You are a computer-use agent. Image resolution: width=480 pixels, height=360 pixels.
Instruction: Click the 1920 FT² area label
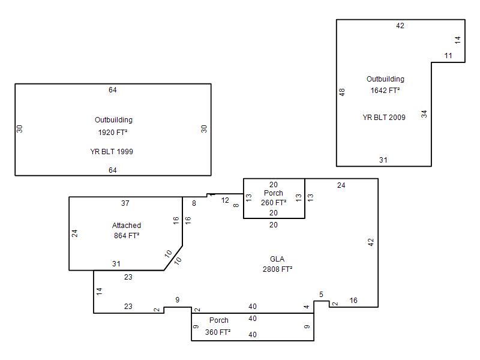click(113, 132)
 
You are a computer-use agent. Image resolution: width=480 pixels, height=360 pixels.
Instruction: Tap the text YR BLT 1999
click(112, 152)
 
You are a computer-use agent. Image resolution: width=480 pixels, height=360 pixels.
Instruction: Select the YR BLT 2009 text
click(384, 117)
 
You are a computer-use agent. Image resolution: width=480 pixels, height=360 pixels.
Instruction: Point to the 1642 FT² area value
click(385, 91)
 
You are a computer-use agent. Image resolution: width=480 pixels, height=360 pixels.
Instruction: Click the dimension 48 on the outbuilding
click(342, 92)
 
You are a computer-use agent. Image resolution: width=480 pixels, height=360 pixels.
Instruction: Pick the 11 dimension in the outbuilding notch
click(448, 56)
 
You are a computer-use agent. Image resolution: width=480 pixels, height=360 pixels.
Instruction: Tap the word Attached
click(127, 226)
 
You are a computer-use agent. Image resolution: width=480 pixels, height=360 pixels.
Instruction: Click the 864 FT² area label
click(127, 235)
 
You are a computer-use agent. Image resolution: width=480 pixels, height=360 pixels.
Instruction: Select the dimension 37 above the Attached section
click(125, 203)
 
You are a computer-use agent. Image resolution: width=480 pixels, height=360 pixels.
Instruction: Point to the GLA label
click(277, 259)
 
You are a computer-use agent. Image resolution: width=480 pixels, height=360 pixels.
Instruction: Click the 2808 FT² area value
click(277, 269)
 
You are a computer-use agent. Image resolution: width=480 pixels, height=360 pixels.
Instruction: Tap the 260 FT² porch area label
click(274, 203)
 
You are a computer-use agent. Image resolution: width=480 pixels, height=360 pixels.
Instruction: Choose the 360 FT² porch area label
click(218, 332)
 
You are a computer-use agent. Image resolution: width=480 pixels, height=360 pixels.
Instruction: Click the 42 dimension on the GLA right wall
click(371, 242)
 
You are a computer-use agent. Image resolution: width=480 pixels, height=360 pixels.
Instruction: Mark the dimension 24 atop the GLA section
click(341, 185)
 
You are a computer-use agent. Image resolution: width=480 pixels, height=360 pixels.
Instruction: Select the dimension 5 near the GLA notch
click(321, 295)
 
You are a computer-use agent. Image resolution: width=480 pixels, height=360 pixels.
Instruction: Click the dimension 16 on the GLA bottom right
click(353, 301)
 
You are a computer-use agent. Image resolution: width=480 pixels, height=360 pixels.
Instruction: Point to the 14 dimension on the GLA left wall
click(99, 292)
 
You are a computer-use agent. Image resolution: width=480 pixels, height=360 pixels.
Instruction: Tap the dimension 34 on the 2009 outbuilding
click(424, 114)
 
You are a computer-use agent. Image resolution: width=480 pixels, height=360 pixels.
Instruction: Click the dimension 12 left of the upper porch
click(225, 200)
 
